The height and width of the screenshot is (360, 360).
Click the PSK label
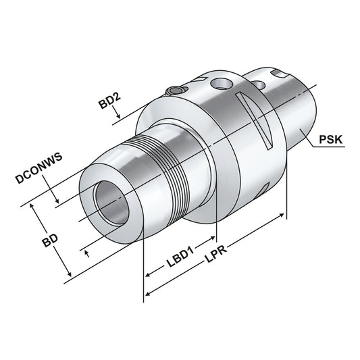[x=331, y=141]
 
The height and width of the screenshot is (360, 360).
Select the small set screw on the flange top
[x=175, y=92]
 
